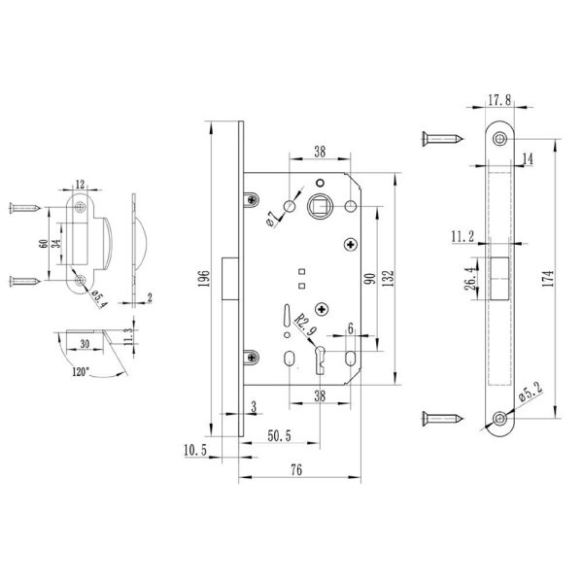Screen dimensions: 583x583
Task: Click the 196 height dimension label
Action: pyautogui.click(x=204, y=278)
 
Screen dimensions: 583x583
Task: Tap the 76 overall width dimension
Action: pyautogui.click(x=296, y=470)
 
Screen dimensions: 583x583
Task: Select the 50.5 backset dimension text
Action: pyautogui.click(x=279, y=435)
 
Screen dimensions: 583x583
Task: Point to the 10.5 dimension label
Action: pyautogui.click(x=195, y=450)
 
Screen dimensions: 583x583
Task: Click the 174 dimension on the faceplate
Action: pyautogui.click(x=548, y=278)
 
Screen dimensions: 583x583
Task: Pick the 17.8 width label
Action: pyautogui.click(x=499, y=100)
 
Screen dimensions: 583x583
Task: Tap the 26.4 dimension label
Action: pyautogui.click(x=470, y=278)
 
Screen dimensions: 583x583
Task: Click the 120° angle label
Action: pyautogui.click(x=81, y=371)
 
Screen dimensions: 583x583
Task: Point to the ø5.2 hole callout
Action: pyautogui.click(x=531, y=392)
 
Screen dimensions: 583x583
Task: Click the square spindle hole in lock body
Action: pyautogui.click(x=320, y=207)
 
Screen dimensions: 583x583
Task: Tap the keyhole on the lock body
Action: pyautogui.click(x=320, y=360)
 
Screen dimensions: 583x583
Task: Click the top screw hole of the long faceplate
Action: pyautogui.click(x=499, y=139)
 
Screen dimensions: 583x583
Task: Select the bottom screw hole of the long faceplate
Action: pyautogui.click(x=499, y=419)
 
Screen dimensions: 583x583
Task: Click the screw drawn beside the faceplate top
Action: pyautogui.click(x=442, y=139)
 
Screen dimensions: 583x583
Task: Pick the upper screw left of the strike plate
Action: pyautogui.click(x=25, y=208)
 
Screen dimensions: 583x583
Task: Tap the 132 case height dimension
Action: pyautogui.click(x=388, y=278)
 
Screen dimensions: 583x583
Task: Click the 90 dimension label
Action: pyautogui.click(x=370, y=278)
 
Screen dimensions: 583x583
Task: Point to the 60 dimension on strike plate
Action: pyautogui.click(x=43, y=244)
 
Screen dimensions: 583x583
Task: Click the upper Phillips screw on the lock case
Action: pyautogui.click(x=351, y=244)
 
